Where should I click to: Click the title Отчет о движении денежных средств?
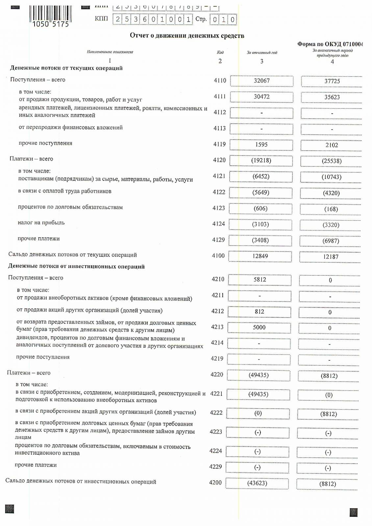coord(187,36)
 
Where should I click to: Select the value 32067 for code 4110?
coord(261,81)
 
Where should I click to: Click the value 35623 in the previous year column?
coord(332,97)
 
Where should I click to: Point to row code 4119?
coord(220,144)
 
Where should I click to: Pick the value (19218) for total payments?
coord(261,160)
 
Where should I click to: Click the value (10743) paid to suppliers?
coord(331,177)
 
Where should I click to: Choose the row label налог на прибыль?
coord(41,223)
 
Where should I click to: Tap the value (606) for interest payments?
coord(260,208)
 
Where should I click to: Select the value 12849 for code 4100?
coord(260,256)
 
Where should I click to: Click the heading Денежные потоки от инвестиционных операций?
coord(76,266)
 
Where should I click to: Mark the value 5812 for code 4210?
coord(260,279)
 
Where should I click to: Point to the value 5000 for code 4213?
coord(259,327)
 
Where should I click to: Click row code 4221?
coord(216,394)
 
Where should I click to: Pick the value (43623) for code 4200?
coord(257,483)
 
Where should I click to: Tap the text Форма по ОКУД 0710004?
coord(330,44)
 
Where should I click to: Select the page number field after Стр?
coord(223,19)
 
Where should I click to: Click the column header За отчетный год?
coord(262,52)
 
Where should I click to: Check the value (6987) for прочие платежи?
coord(331,241)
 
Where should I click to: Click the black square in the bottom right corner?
coord(354,512)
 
